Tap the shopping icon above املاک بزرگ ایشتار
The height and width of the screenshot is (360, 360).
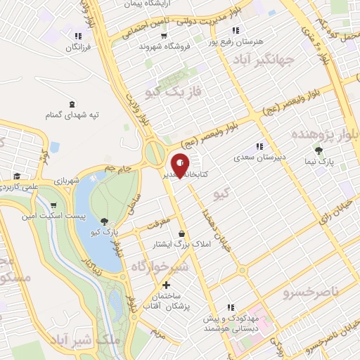183,233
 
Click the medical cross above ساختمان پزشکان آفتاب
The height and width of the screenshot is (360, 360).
166,285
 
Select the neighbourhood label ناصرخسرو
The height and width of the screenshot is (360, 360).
310,290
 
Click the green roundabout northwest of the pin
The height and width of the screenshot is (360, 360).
155,152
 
